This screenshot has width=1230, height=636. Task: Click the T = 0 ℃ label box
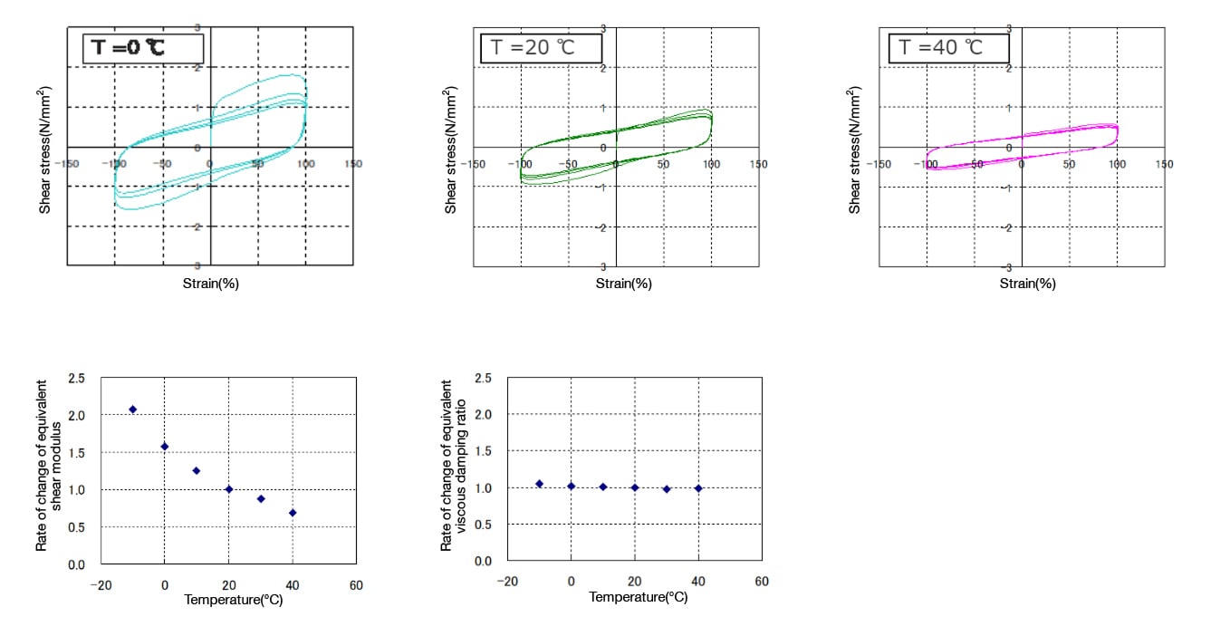click(143, 47)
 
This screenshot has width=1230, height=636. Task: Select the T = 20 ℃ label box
click(540, 47)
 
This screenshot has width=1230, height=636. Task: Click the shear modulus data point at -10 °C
click(132, 410)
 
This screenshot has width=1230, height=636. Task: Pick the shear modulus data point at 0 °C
click(164, 447)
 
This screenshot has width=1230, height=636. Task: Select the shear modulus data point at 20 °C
click(228, 489)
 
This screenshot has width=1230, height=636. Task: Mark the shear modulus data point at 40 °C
click(292, 513)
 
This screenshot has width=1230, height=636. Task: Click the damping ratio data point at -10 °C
click(539, 484)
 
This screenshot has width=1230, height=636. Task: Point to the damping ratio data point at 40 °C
click(698, 488)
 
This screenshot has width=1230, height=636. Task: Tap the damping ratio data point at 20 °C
click(635, 487)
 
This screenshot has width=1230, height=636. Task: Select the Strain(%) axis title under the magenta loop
click(1027, 284)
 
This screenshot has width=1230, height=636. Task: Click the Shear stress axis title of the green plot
click(450, 149)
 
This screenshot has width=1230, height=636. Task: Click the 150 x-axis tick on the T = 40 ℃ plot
click(1165, 164)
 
